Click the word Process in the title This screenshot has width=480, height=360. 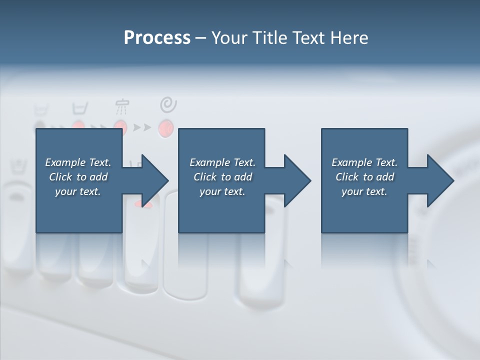[x=157, y=38]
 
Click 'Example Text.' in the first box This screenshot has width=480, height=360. [x=78, y=162]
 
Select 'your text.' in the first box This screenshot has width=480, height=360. [x=78, y=191]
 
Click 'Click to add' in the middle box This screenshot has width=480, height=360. [x=222, y=177]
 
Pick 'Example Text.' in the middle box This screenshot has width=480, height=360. [x=222, y=162]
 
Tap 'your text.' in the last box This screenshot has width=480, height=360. [x=364, y=191]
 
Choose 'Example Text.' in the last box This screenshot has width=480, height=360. [x=364, y=162]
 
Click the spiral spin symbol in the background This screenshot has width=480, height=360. [x=168, y=105]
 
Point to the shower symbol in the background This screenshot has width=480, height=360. [x=122, y=106]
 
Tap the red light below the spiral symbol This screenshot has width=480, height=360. [x=165, y=128]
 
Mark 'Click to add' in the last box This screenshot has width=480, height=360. [x=364, y=177]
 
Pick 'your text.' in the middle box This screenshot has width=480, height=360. [x=222, y=191]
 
